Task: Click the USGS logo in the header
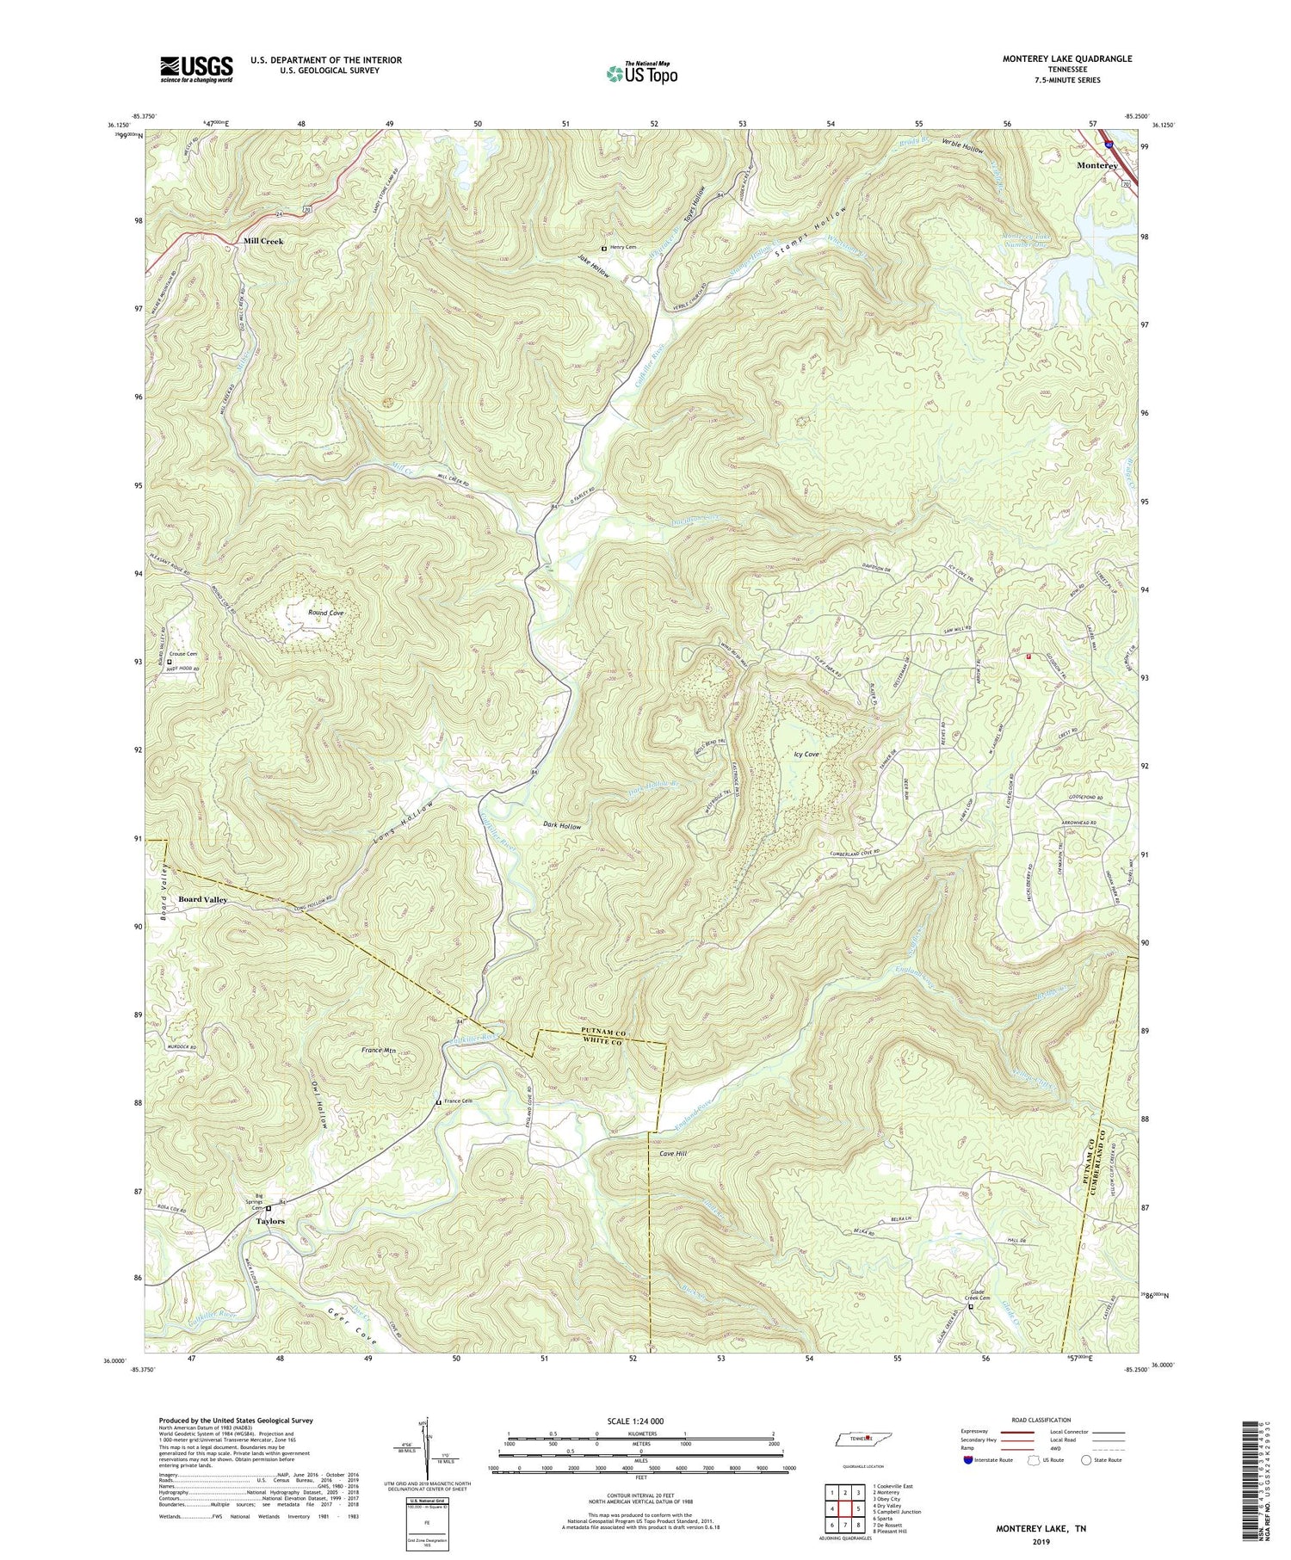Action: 196,69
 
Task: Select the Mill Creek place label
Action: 263,242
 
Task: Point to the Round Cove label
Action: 326,613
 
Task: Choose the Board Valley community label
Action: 202,898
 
